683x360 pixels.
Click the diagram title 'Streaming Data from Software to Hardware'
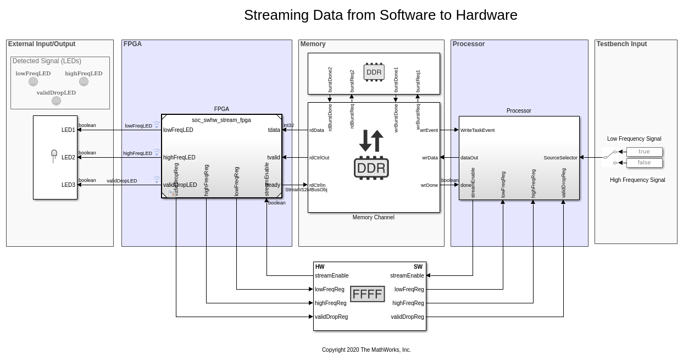point(380,15)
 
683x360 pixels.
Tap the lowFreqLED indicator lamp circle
point(33,81)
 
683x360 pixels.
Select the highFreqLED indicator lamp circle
point(84,81)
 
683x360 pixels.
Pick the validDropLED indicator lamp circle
point(56,101)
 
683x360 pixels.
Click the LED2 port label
point(68,158)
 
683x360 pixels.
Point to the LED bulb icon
point(54,156)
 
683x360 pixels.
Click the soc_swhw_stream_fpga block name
point(221,120)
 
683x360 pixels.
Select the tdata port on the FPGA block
point(274,130)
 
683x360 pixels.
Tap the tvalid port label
point(273,158)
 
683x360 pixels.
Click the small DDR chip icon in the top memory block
point(374,72)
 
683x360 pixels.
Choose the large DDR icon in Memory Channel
point(371,167)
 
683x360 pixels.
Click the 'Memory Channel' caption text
point(373,218)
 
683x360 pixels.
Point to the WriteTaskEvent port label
point(477,130)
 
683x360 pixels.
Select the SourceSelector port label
point(560,158)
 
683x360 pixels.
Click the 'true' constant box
point(644,152)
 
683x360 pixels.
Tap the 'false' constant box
point(644,163)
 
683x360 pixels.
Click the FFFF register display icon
point(367,294)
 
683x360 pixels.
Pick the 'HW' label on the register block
point(320,267)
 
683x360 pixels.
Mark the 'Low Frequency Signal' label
point(634,139)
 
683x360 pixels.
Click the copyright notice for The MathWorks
point(366,350)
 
